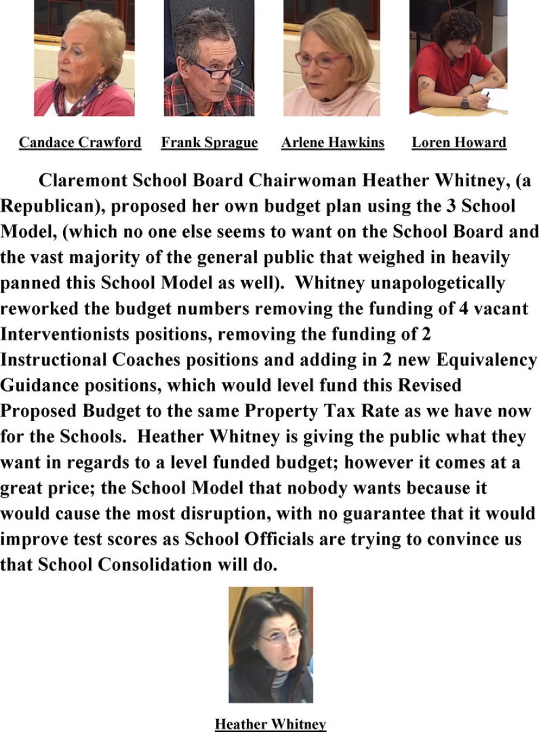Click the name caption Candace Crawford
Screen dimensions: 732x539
click(x=80, y=143)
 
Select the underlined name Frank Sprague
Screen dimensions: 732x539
click(x=209, y=143)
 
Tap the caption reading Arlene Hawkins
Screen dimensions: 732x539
click(x=333, y=143)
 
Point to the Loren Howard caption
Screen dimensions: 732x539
click(x=459, y=143)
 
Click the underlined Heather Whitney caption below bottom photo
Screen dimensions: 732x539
click(x=270, y=724)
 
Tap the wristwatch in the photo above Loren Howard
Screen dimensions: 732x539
click(x=464, y=103)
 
